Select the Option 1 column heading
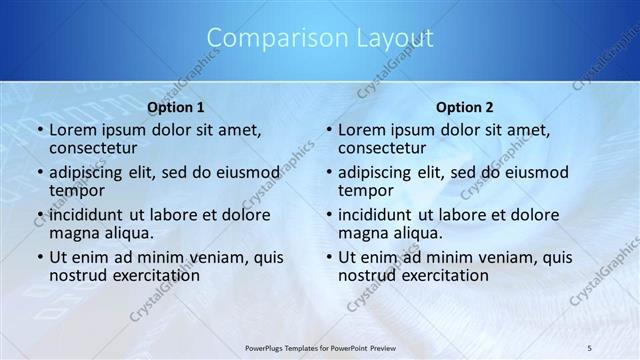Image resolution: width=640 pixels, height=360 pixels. pyautogui.click(x=176, y=107)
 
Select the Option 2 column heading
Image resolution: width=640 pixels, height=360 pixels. pyautogui.click(x=465, y=107)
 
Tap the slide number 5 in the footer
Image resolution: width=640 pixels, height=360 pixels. pyautogui.click(x=590, y=347)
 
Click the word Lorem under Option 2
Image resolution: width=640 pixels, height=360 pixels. pyautogui.click(x=362, y=130)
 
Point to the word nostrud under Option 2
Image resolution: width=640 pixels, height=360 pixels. pyautogui.click(x=366, y=275)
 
